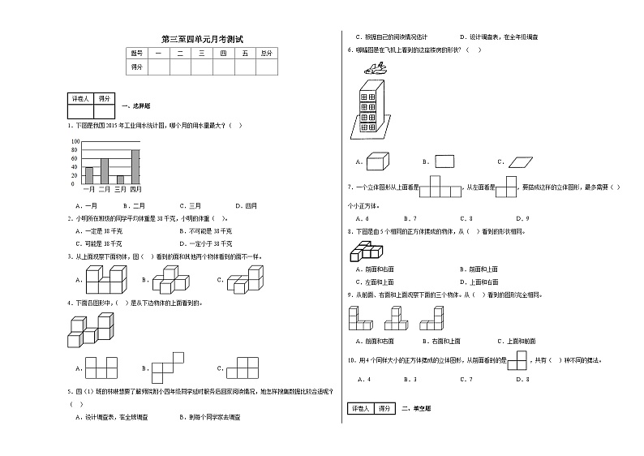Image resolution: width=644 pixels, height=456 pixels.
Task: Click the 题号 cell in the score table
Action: (135, 53)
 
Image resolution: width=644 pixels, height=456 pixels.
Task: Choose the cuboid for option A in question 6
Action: (377, 161)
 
